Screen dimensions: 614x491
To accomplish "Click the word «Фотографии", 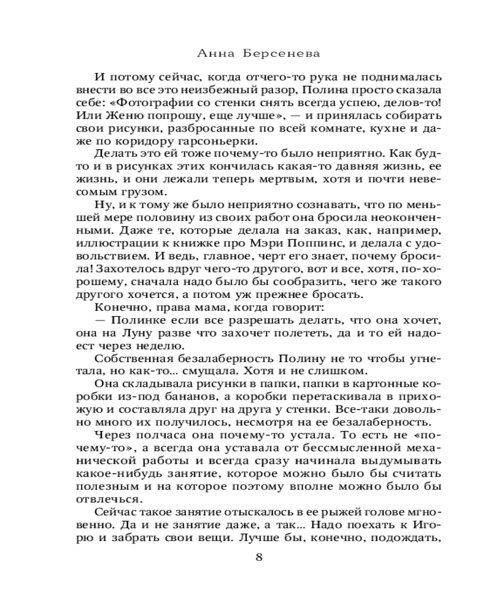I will (155, 101).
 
